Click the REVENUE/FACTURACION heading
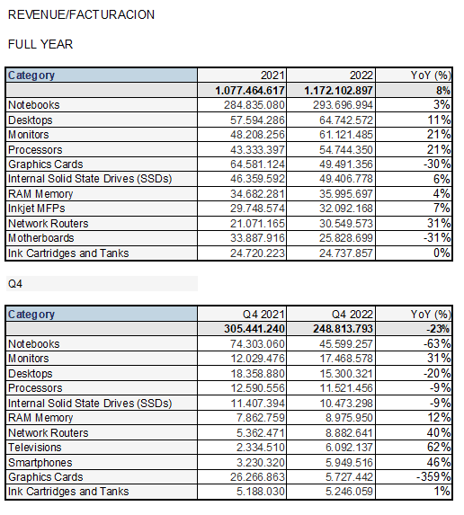(x=81, y=14)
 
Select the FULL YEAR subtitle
(x=40, y=44)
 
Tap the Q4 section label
(x=15, y=284)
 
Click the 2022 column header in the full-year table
(x=361, y=75)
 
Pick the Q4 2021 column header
(x=263, y=315)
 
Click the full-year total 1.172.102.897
(x=338, y=90)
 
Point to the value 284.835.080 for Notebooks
(x=254, y=105)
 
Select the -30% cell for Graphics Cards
(x=437, y=164)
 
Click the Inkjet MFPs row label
(x=37, y=209)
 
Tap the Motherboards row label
(x=41, y=238)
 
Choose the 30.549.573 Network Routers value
(x=346, y=223)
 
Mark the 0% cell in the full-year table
(x=442, y=253)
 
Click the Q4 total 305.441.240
(x=254, y=329)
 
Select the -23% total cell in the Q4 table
(x=438, y=329)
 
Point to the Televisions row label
(x=34, y=448)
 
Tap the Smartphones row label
(x=40, y=463)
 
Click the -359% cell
(x=433, y=477)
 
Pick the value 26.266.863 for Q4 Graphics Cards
(x=257, y=477)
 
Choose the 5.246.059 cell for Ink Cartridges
(x=349, y=492)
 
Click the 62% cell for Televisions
(x=439, y=448)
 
